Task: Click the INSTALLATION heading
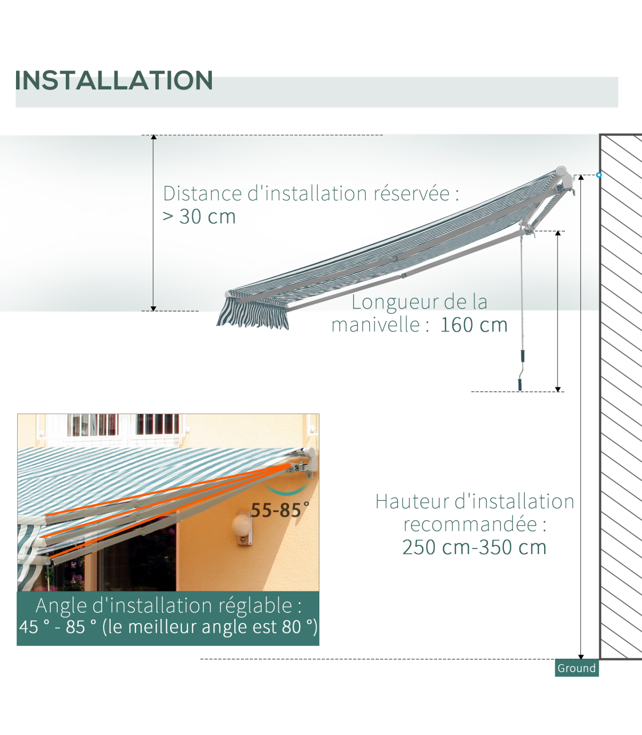114,80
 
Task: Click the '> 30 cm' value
199,216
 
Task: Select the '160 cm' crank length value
474,325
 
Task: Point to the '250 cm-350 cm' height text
474,547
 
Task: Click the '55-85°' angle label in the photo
280,510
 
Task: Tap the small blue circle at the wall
599,175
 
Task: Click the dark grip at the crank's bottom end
519,385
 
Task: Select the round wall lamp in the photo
241,525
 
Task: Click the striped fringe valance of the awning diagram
253,313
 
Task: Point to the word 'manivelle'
376,325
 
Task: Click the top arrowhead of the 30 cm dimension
154,137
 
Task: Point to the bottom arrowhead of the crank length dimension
557,389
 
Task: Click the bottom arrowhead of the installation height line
581,657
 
